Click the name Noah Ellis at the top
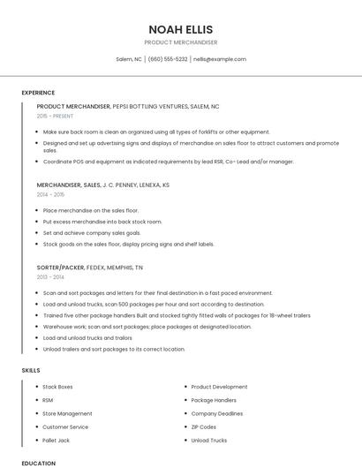click(x=180, y=29)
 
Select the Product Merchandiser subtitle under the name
click(x=180, y=42)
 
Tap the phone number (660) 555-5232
click(x=168, y=59)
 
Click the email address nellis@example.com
click(x=220, y=59)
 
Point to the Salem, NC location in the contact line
click(x=129, y=59)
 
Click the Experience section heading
click(x=38, y=93)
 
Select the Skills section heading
click(x=31, y=371)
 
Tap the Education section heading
click(x=38, y=464)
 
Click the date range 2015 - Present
click(x=56, y=116)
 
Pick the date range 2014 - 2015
click(x=51, y=194)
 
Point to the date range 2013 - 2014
click(x=51, y=276)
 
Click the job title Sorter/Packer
click(x=61, y=267)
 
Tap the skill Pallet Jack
click(x=55, y=440)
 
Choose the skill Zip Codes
click(x=204, y=426)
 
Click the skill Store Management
click(x=67, y=413)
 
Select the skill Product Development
click(x=219, y=387)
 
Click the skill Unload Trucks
click(x=208, y=440)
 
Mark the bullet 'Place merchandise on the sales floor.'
click(x=90, y=211)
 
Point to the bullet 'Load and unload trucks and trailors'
click(x=87, y=337)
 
